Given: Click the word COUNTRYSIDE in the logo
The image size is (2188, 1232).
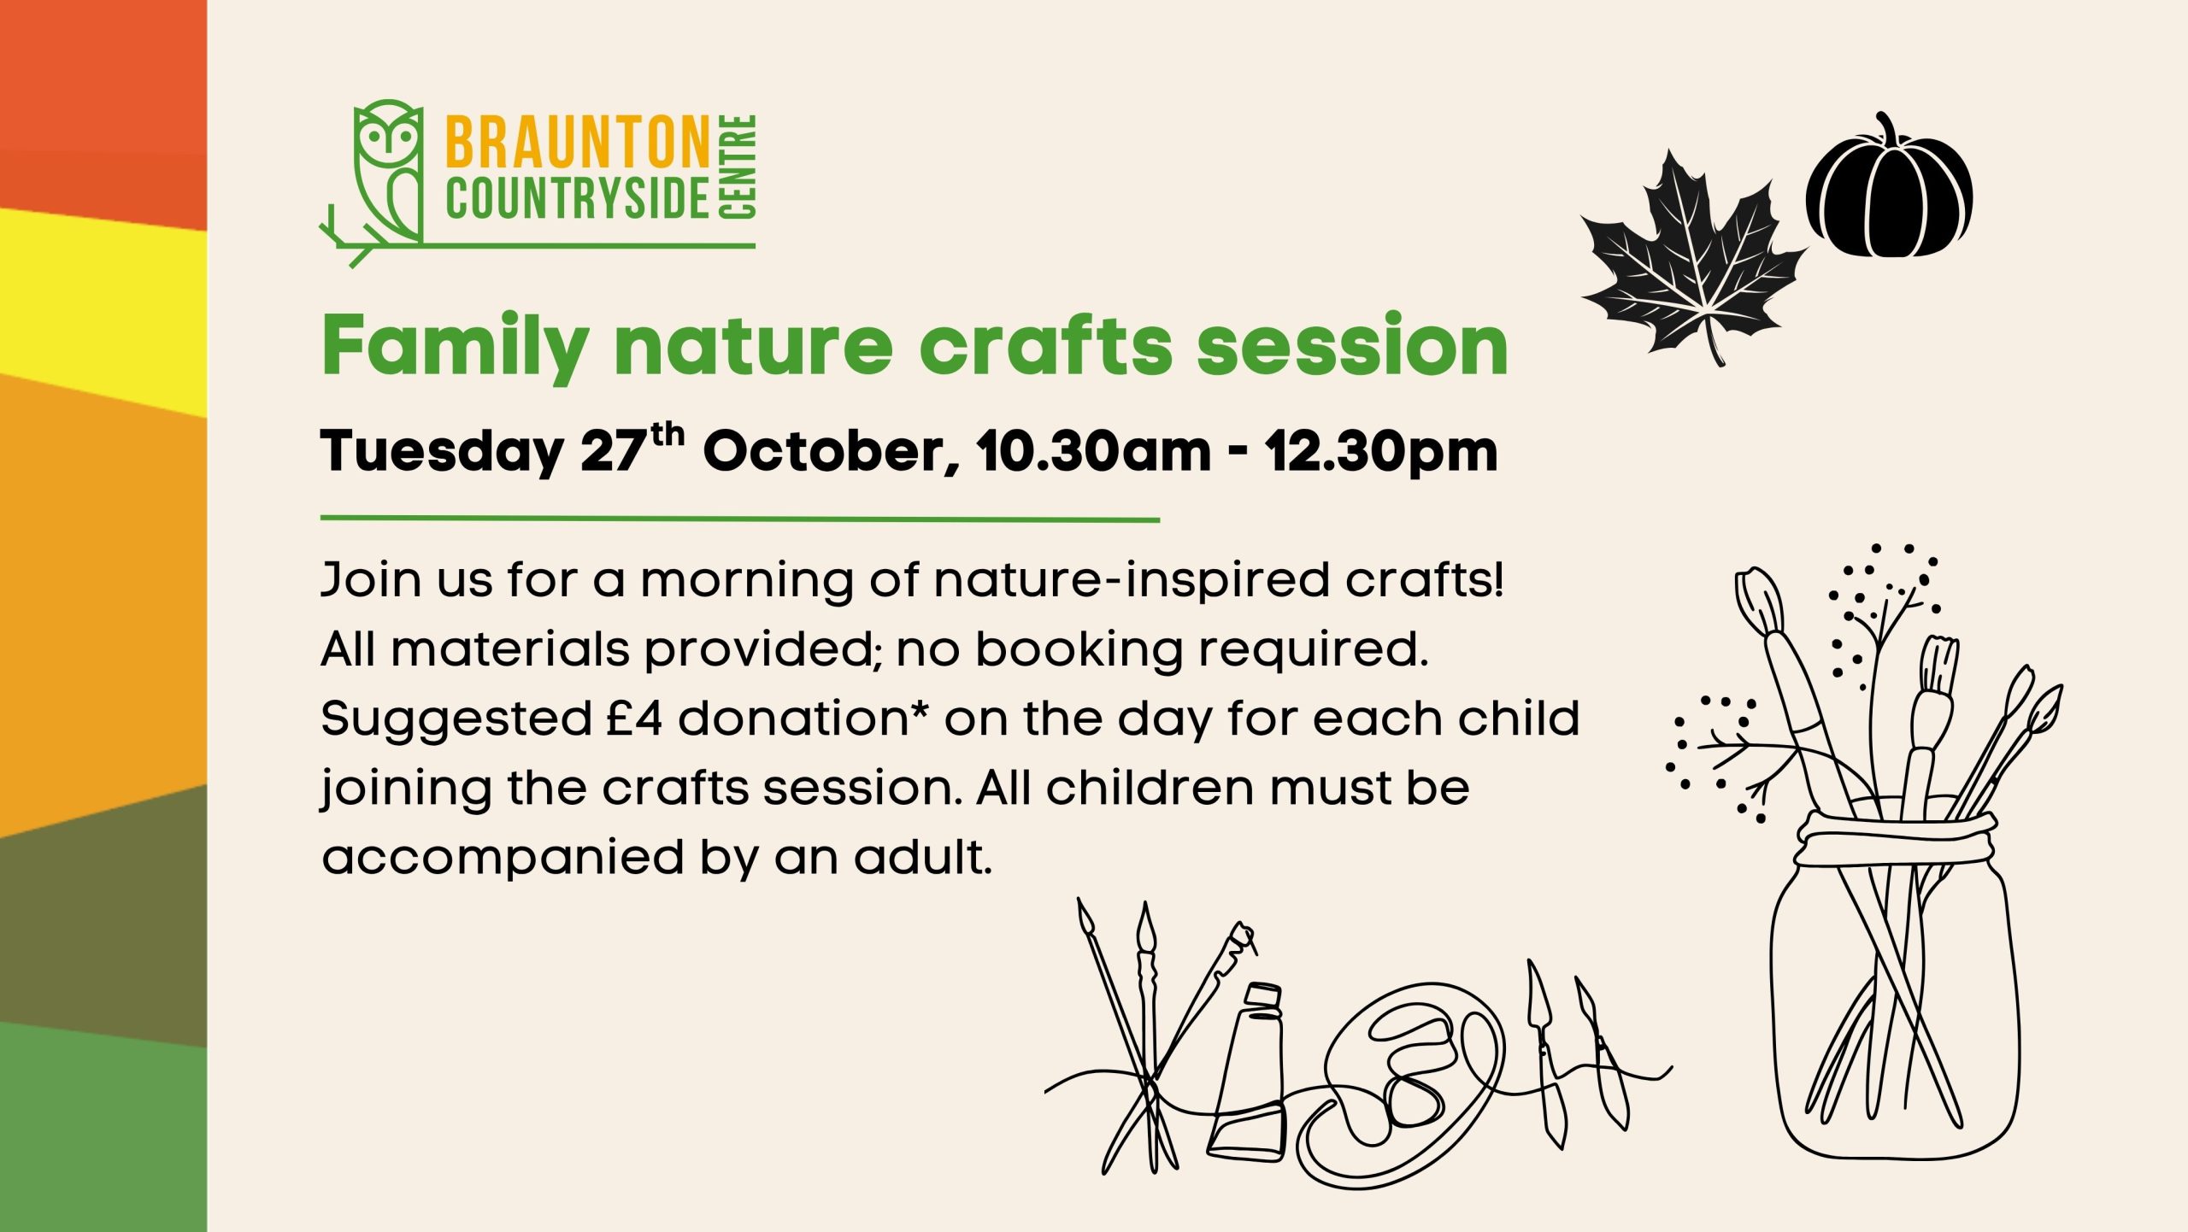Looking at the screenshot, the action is pos(578,199).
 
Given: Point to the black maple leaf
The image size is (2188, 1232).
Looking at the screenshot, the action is pos(1692,256).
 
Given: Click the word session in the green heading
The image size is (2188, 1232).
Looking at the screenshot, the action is pos(1352,345).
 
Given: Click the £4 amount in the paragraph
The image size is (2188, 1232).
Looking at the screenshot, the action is pos(634,718).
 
